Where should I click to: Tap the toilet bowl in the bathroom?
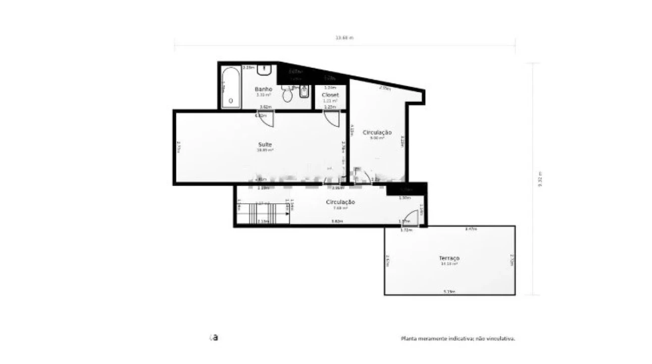point(288,95)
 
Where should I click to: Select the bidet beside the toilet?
point(305,93)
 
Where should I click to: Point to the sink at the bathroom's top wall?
point(265,70)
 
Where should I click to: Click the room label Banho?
point(263,89)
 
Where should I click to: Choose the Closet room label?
point(330,95)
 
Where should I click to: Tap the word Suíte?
point(265,145)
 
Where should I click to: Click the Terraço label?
point(449,258)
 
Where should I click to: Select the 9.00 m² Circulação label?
point(377,132)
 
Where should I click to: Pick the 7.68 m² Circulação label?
point(340,202)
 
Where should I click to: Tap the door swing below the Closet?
point(332,118)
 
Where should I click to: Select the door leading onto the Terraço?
point(411,218)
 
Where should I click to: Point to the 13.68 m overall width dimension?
point(344,38)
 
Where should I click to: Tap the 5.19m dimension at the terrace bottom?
point(449,292)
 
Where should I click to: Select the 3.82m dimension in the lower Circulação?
point(336,221)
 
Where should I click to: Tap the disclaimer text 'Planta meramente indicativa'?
point(458,339)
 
